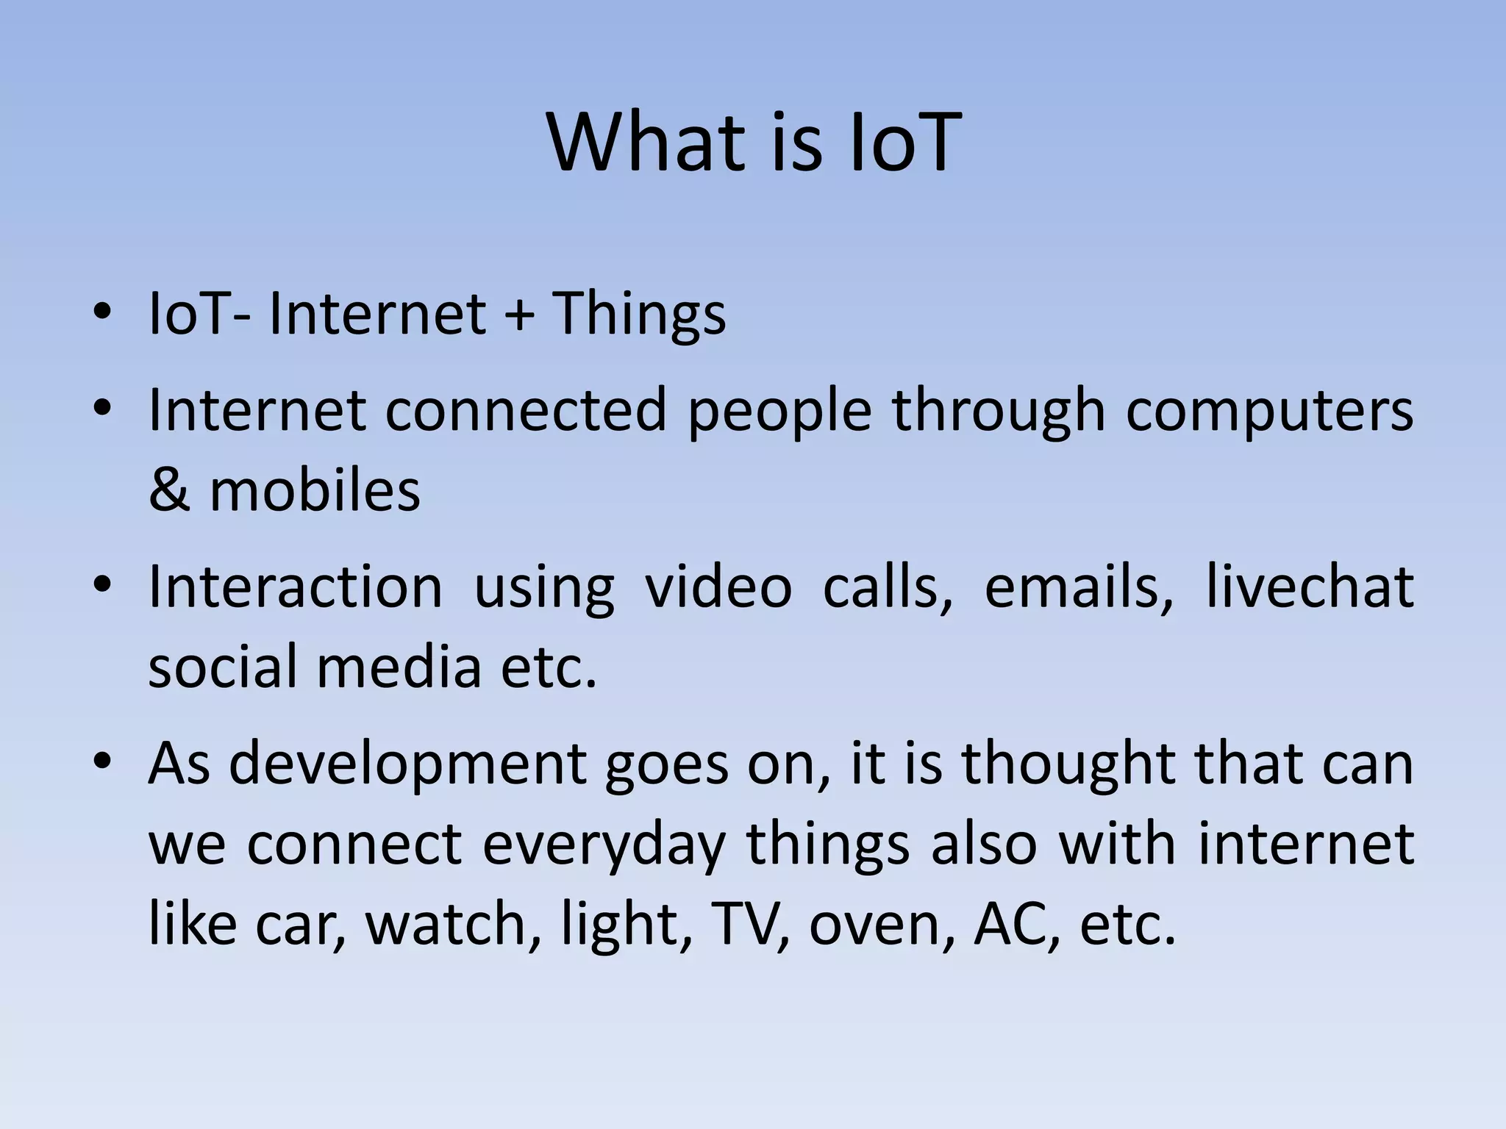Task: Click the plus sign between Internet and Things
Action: [x=519, y=315]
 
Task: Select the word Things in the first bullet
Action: [x=638, y=315]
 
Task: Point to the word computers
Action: [x=1269, y=410]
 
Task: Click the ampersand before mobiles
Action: [x=169, y=490]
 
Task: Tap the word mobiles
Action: [x=315, y=490]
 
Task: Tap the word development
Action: [x=407, y=764]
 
